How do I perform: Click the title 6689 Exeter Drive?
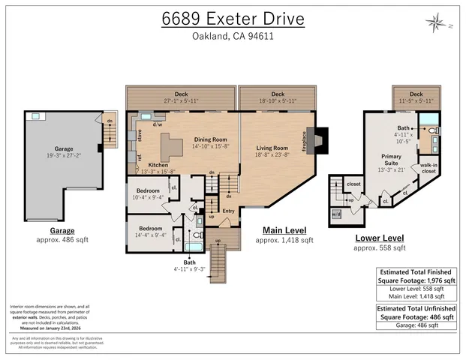point(233,18)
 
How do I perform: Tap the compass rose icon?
point(436,23)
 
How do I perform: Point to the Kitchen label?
point(158,164)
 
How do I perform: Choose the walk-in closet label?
point(429,168)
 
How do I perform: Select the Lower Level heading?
point(380,238)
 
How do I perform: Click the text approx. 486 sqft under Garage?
point(62,241)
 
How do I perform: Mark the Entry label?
point(228,211)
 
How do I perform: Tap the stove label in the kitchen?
point(139,135)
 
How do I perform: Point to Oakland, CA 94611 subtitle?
point(233,36)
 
